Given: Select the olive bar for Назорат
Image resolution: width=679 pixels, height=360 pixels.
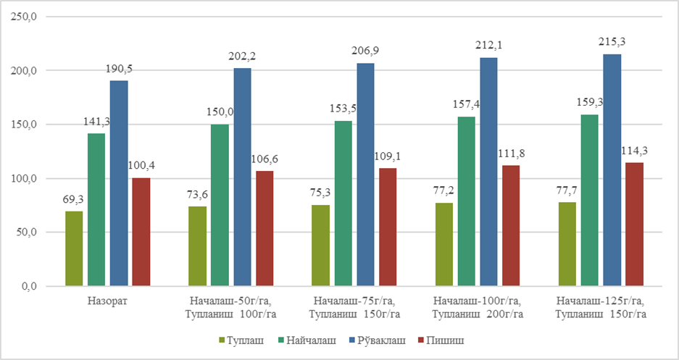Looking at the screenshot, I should tap(74, 248).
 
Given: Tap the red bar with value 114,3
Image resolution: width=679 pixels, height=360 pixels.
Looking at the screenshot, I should tap(634, 224).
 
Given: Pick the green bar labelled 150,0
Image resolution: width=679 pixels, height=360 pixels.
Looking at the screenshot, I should tap(220, 205).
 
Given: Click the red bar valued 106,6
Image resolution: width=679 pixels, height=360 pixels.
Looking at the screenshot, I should tap(264, 228).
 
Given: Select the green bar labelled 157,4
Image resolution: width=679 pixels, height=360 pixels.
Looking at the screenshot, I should tap(466, 201).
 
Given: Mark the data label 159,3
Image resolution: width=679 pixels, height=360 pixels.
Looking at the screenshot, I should tap(589, 102).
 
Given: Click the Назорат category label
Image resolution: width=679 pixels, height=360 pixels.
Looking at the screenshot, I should tap(107, 300).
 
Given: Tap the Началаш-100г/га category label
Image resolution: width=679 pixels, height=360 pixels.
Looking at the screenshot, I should tap(475, 300).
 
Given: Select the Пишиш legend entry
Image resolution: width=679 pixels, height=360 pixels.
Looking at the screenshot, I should tap(441, 339).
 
